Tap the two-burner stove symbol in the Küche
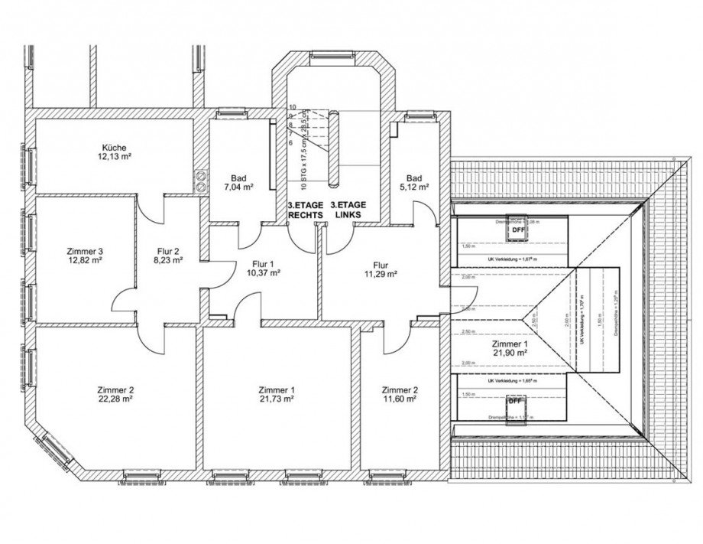click(201, 180)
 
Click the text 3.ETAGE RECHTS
click(305, 210)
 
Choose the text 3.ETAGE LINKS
click(348, 210)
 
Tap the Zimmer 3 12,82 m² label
click(85, 256)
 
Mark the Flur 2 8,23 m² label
click(167, 256)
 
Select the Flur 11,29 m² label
click(380, 269)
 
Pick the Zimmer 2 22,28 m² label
click(116, 393)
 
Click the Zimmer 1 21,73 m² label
click(277, 393)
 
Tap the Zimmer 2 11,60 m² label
click(399, 393)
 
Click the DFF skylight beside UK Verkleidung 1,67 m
click(518, 229)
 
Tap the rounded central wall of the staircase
click(334, 148)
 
